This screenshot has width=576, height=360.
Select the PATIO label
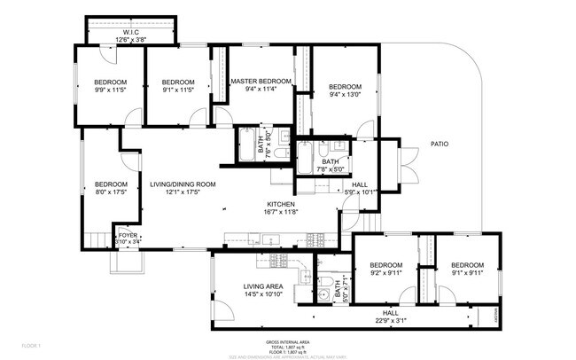(439, 143)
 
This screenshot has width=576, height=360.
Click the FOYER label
(128, 235)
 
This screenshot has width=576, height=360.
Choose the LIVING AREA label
(263, 286)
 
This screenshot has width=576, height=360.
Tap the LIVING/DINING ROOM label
(183, 184)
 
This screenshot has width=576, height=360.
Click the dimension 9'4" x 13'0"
(346, 95)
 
